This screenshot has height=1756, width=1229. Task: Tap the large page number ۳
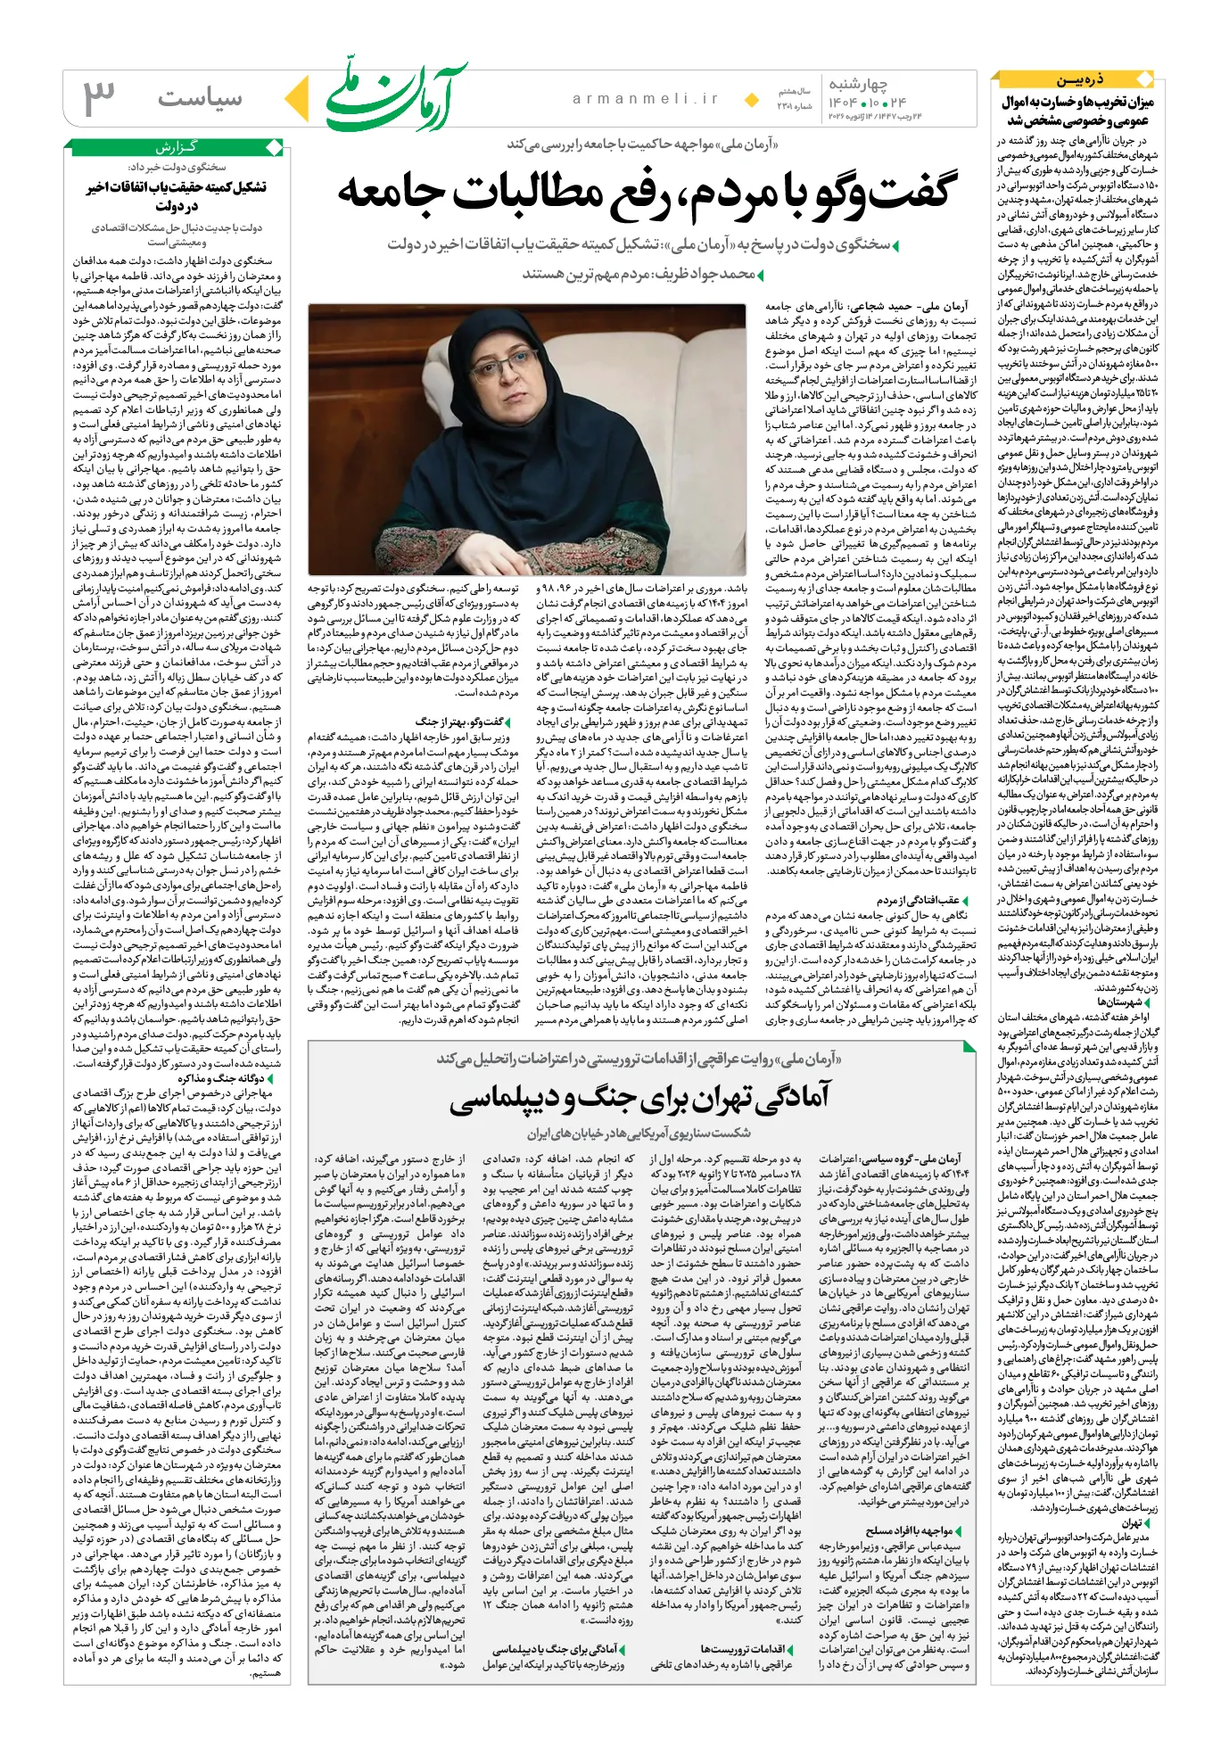tap(99, 98)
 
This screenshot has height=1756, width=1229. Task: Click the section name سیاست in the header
tap(200, 98)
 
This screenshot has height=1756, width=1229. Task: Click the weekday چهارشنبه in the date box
tap(858, 85)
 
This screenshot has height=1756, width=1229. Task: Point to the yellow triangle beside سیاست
tap(301, 98)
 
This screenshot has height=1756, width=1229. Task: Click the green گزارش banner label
tap(176, 147)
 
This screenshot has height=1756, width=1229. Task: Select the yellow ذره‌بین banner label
tap(1080, 80)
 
